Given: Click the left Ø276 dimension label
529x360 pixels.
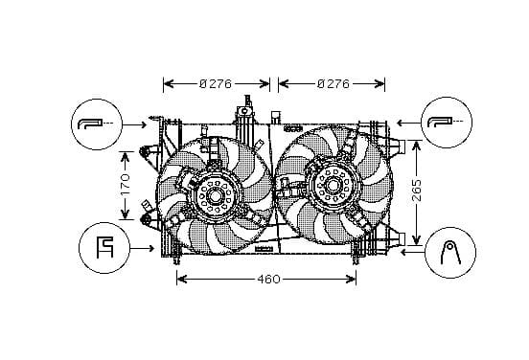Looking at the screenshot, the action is click(216, 83).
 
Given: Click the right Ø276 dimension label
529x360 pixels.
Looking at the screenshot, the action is click(333, 83).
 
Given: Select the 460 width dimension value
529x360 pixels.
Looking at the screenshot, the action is click(268, 280).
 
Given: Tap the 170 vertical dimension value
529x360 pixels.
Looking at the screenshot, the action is click(125, 186).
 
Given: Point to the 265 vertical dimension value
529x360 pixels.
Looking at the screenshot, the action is click(417, 191).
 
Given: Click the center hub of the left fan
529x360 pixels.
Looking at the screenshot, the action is click(215, 196).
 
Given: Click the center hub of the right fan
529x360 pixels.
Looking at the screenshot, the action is click(333, 185).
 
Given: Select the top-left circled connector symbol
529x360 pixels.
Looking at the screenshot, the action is click(97, 124).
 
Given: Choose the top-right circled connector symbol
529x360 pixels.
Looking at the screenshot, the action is click(447, 122).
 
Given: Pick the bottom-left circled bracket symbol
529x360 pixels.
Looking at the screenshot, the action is click(104, 248).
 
